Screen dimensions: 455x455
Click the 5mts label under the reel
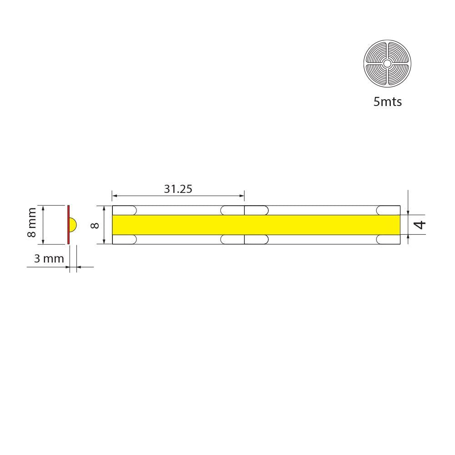(387, 101)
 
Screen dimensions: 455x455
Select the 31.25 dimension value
(178, 188)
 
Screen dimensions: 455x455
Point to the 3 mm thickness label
(49, 258)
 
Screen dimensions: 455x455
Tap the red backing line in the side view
(68, 224)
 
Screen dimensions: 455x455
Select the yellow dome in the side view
(73, 225)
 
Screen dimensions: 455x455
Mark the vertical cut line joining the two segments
(245, 225)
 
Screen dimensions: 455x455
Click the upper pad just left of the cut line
(233, 210)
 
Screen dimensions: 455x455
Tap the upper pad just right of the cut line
(257, 210)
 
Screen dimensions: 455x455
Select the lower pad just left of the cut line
(233, 239)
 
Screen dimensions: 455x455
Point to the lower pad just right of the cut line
(257, 239)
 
